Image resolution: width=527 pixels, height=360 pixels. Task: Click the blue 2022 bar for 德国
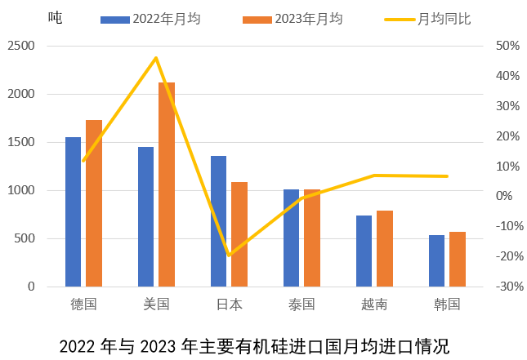coord(74,212)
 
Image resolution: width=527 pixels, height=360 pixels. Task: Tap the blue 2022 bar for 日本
coord(219,221)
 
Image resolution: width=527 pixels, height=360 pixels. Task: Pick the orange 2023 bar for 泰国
coord(312,238)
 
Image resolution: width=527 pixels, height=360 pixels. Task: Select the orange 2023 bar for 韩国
coord(457,259)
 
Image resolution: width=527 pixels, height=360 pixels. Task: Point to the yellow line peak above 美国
coord(156,58)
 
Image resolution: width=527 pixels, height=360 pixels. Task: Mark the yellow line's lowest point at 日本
coord(229,256)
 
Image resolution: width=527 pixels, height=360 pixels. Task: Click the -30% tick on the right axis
coord(507,287)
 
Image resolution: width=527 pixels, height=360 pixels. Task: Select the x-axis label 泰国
coord(301,304)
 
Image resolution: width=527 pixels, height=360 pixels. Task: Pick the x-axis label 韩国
coord(447,304)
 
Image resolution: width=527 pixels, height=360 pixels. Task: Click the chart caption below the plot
coord(254,345)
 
